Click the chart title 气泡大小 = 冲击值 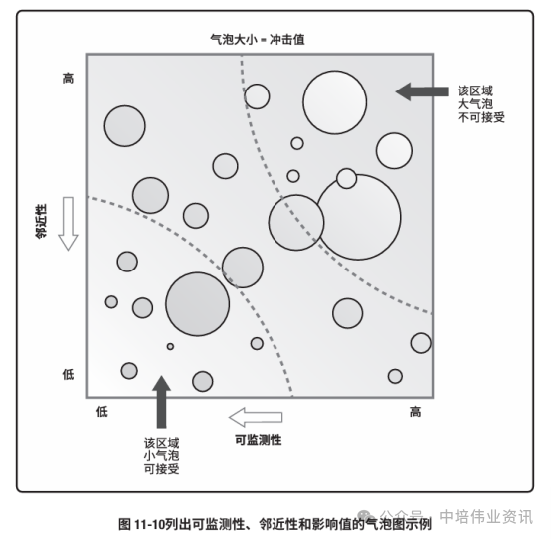click(258, 40)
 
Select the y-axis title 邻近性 click(41, 221)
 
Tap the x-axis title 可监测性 click(259, 440)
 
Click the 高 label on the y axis click(69, 78)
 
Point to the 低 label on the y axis click(69, 374)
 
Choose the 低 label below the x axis click(102, 411)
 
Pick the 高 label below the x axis click(415, 411)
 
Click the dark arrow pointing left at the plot click(422, 91)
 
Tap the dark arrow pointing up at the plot click(162, 402)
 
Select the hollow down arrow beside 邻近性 click(68, 224)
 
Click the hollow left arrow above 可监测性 click(256, 417)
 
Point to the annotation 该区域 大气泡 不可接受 click(481, 104)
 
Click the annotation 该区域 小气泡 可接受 click(162, 455)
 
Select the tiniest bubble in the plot click(170, 346)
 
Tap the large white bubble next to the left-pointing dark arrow click(335, 102)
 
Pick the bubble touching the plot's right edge click(421, 343)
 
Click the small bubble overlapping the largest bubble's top click(346, 178)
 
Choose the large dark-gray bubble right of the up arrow click(198, 304)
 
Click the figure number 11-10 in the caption click(150, 525)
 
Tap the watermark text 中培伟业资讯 click(486, 516)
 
